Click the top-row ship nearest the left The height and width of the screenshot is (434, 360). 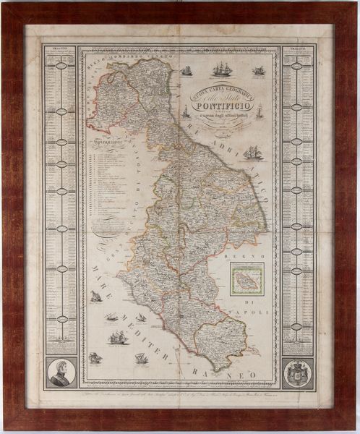coord(187,71)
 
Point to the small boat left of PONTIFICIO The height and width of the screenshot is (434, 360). coord(185,111)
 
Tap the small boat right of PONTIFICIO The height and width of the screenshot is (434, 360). coord(258,111)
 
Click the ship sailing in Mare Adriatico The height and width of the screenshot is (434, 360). coord(253,153)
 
